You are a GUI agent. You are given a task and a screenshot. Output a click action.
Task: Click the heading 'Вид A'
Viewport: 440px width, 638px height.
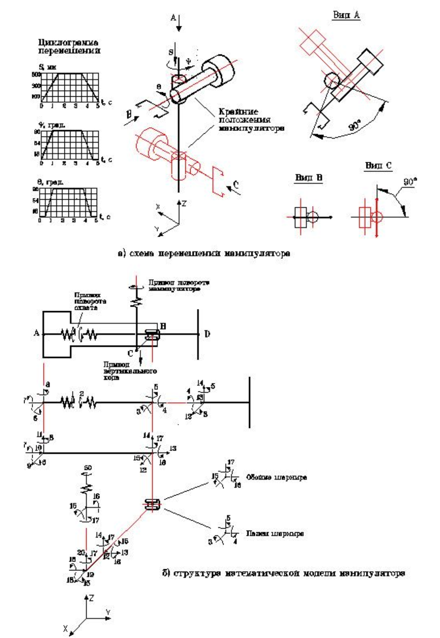tap(346, 15)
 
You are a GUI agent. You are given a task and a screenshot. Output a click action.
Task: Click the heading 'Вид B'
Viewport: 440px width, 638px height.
tap(308, 178)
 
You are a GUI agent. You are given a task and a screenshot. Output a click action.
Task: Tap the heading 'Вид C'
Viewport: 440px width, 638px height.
tap(378, 165)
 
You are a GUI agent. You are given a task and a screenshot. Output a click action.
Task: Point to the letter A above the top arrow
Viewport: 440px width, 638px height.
tap(173, 18)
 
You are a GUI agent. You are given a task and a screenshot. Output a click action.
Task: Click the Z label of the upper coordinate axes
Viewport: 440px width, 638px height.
tap(184, 204)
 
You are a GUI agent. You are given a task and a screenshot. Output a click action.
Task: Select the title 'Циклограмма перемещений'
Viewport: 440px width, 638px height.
tap(69, 46)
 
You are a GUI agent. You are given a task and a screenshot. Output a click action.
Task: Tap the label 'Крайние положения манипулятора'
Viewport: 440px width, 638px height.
tap(251, 120)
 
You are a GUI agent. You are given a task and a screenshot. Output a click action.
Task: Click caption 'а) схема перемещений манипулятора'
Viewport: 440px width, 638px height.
tap(204, 253)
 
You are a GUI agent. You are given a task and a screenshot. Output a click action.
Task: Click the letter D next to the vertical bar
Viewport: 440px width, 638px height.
tap(207, 334)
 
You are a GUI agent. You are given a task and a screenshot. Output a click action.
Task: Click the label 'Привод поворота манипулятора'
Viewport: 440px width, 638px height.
tap(179, 285)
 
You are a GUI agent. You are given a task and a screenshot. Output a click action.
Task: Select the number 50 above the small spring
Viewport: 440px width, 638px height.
tap(88, 468)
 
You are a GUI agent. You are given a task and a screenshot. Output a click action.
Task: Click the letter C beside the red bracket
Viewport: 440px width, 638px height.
tap(236, 184)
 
